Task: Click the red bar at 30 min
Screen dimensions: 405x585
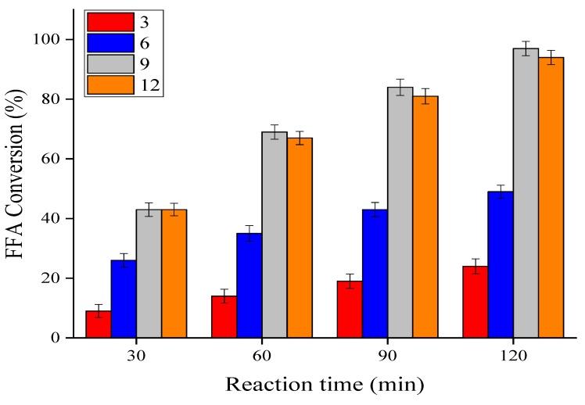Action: pyautogui.click(x=98, y=324)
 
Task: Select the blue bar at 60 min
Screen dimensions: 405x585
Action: pyautogui.click(x=249, y=285)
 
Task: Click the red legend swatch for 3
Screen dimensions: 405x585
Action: pyautogui.click(x=109, y=22)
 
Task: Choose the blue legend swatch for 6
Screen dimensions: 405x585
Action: pyautogui.click(x=109, y=43)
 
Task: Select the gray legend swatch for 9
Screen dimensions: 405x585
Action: pyautogui.click(x=109, y=64)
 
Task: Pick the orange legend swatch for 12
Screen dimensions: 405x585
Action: pyautogui.click(x=109, y=84)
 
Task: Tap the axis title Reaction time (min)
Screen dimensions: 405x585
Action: pyautogui.click(x=325, y=385)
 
